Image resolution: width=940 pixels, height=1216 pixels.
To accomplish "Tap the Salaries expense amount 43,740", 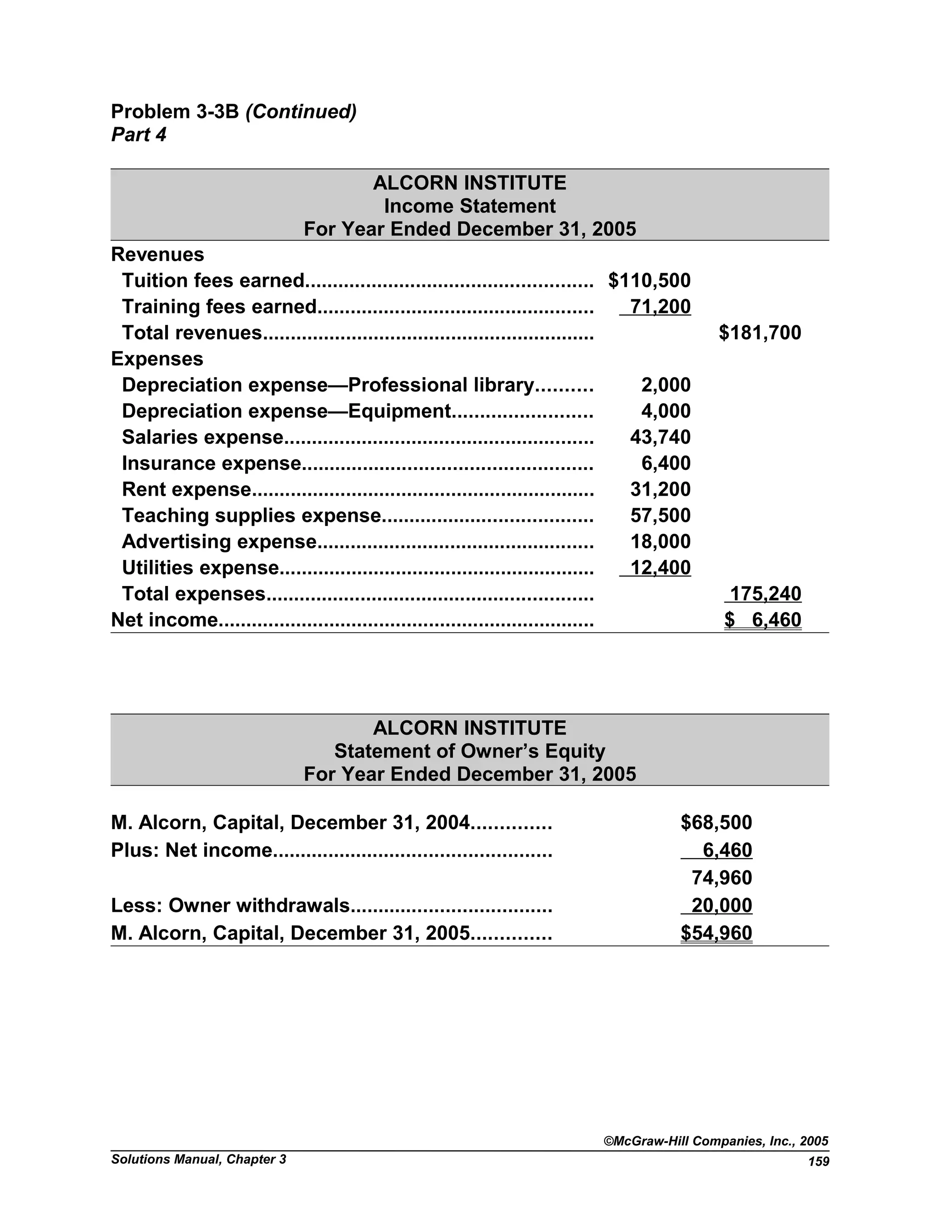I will click(660, 437).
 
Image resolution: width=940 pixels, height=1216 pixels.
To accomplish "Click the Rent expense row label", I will click(186, 490).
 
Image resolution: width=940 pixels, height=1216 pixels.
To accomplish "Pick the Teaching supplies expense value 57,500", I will click(660, 516).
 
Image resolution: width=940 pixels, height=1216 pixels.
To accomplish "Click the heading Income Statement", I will click(470, 206).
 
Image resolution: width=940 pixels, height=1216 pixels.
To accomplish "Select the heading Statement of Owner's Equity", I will click(470, 752).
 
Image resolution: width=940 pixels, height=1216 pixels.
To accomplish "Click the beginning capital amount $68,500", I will click(716, 823).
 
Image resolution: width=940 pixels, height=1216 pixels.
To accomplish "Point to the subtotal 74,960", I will click(722, 878).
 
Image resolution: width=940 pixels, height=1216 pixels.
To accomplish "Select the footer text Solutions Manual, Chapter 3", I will click(198, 1160).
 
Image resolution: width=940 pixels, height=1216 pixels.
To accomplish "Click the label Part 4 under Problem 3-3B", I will click(139, 135).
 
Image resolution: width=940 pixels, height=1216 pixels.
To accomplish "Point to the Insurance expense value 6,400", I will click(666, 463).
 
